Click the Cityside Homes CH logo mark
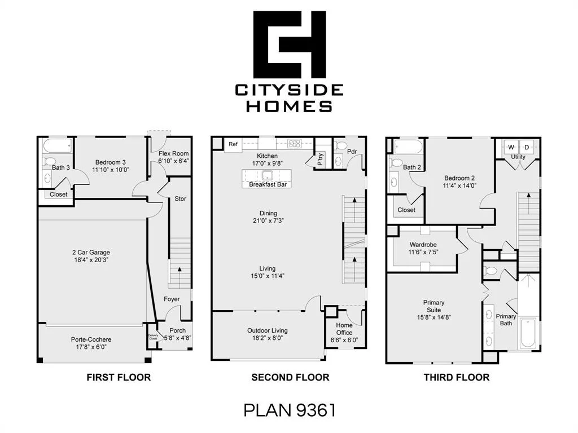[290, 44]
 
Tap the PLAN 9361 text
[290, 410]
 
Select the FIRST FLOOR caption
[119, 377]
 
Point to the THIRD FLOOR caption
[457, 377]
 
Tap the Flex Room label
[174, 153]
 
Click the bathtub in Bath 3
[57, 146]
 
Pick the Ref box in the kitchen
[233, 144]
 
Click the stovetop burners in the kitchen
[295, 144]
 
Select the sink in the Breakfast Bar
[266, 175]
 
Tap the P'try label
[320, 159]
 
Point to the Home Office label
[344, 329]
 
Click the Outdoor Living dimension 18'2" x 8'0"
[267, 338]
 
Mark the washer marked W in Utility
[511, 147]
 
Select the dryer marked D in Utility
[527, 147]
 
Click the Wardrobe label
[423, 245]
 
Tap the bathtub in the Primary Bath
[528, 334]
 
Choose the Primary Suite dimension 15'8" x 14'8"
[434, 317]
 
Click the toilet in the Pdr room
[341, 145]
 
